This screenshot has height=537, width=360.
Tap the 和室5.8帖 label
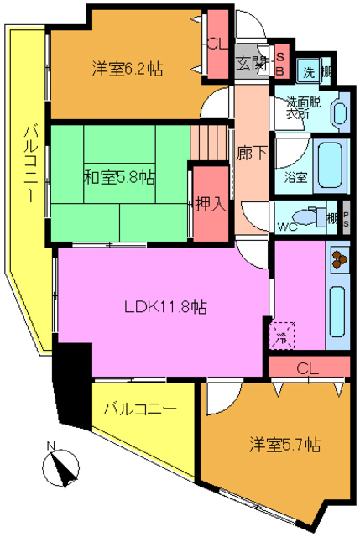(118, 177)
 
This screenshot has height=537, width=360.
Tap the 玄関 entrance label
(251, 63)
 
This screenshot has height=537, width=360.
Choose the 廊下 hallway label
(249, 154)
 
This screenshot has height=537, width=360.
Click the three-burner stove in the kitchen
(338, 260)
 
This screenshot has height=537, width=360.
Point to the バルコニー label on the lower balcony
(139, 411)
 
